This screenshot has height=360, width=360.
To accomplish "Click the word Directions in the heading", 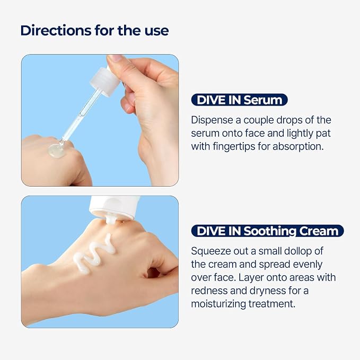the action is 56,30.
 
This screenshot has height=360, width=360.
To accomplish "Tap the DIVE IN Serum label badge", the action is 239,100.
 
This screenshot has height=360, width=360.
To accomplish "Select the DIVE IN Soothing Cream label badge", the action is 267,231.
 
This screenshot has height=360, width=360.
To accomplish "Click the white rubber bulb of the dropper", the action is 105,82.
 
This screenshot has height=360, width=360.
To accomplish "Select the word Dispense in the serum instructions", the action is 212,120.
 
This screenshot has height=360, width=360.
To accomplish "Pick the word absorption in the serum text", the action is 298,147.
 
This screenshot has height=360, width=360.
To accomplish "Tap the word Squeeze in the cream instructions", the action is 211,251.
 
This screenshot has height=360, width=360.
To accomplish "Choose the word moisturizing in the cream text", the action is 218,304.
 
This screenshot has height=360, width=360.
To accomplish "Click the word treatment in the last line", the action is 272,304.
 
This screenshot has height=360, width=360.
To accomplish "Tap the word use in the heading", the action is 157,31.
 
